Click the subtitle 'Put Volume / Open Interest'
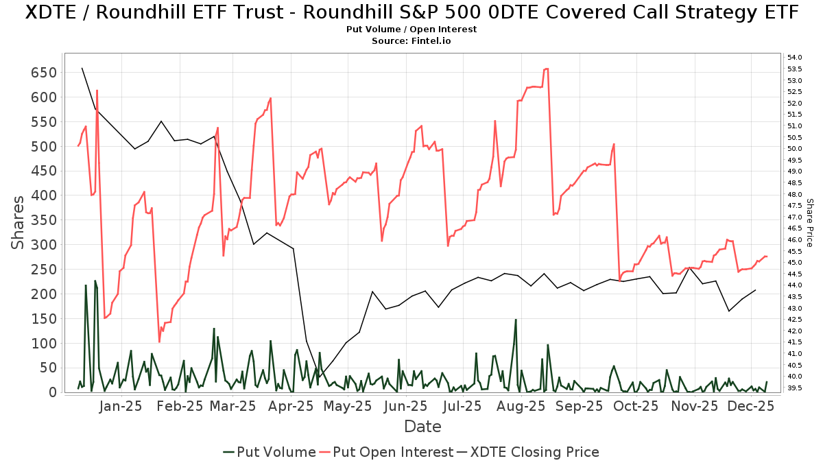tap(411, 29)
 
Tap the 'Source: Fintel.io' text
tap(411, 41)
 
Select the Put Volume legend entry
tap(270, 452)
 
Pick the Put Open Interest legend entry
tap(387, 452)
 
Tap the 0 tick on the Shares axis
tap(52, 392)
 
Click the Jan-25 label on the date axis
tap(121, 406)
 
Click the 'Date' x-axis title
tap(422, 427)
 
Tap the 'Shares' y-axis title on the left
tap(19, 223)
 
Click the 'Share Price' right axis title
tap(809, 223)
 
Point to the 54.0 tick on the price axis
tap(795, 58)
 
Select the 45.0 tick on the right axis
tap(795, 263)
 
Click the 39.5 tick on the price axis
tap(795, 388)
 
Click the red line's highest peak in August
tap(547, 69)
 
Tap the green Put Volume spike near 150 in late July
tap(516, 320)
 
